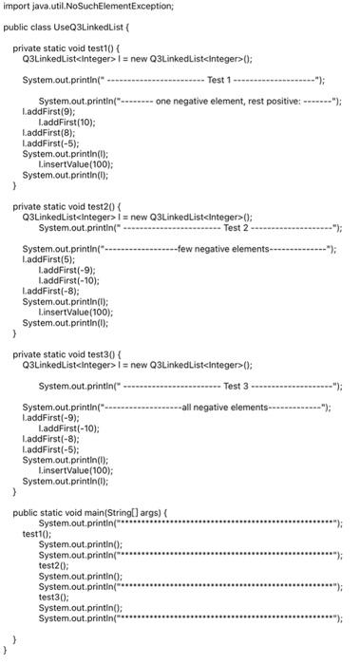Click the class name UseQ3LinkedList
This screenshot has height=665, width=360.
[x=91, y=27]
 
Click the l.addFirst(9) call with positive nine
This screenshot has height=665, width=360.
[x=48, y=111]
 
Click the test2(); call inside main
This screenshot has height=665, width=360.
[x=53, y=564]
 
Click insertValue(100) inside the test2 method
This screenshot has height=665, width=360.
[x=75, y=311]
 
